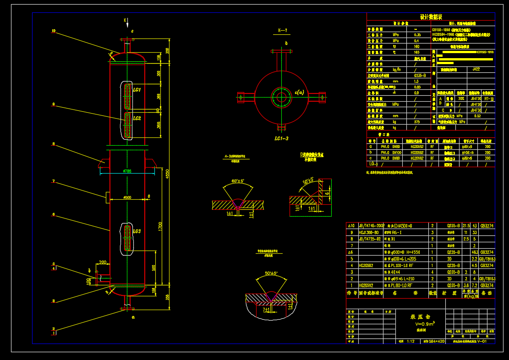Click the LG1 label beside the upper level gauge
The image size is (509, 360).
(137, 90)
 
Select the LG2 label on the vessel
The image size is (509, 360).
(137, 118)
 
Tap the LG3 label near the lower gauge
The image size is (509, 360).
(137, 231)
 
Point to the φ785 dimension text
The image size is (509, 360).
(127, 171)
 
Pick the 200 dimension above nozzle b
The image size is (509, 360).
(103, 262)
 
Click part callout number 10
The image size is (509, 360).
(54, 31)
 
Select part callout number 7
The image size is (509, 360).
(54, 181)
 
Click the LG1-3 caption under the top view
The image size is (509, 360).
(281, 138)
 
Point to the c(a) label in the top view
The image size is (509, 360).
(300, 92)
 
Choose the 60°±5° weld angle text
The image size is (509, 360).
(238, 181)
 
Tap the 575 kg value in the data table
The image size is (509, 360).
(417, 122)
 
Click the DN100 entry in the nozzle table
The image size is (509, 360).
(395, 153)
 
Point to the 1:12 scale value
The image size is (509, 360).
(410, 341)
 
